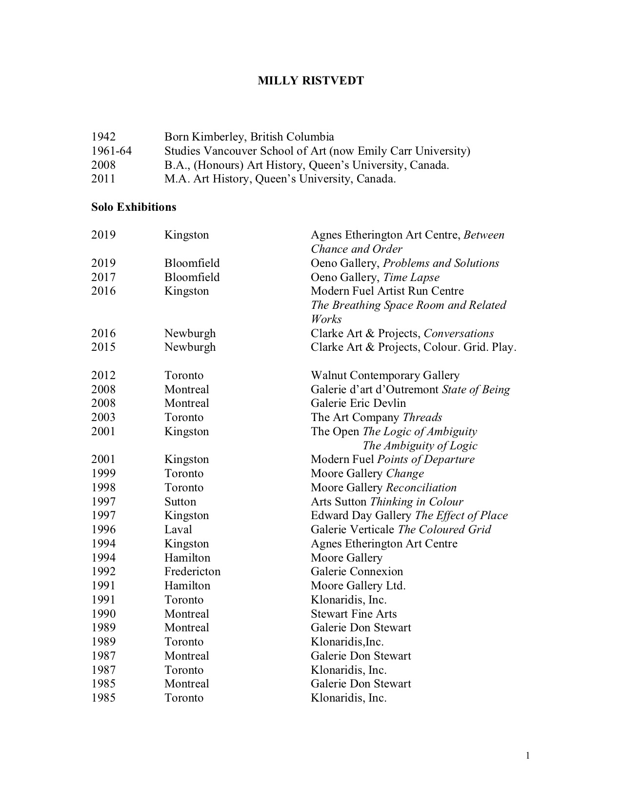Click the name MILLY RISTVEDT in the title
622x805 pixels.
tap(311, 81)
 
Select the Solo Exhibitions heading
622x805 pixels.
tap(134, 207)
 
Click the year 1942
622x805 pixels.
tap(103, 137)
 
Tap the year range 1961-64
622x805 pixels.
tap(111, 151)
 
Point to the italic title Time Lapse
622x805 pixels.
tap(411, 277)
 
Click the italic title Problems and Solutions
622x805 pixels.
tap(441, 263)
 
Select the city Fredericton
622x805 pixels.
tap(192, 571)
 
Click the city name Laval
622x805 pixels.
tap(178, 529)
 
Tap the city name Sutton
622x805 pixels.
tap(180, 502)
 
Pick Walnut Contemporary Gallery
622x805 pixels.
tap(385, 375)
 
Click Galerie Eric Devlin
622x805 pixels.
tap(358, 403)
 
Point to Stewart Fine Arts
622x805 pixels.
tap(354, 614)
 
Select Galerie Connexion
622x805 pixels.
tap(357, 571)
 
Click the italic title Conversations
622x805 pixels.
tap(459, 333)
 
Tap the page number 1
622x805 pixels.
tap(528, 756)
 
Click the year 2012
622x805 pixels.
tap(103, 375)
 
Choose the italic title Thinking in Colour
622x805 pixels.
tap(417, 502)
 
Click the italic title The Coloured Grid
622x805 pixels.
tap(444, 529)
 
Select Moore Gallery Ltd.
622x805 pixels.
tap(358, 585)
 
